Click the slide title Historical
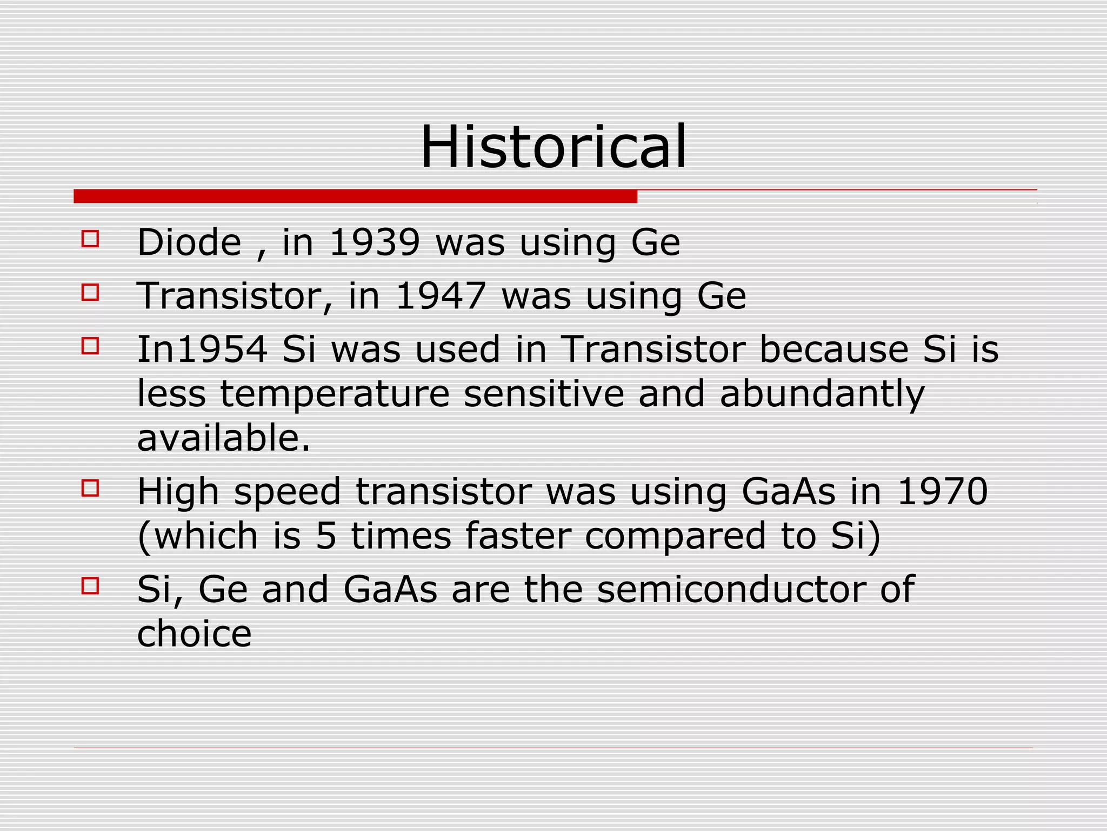(x=553, y=147)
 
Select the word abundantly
(x=822, y=394)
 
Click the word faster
(x=517, y=536)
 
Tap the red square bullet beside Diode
(x=90, y=239)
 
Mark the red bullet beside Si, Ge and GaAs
(x=90, y=586)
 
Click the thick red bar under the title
(x=355, y=196)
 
